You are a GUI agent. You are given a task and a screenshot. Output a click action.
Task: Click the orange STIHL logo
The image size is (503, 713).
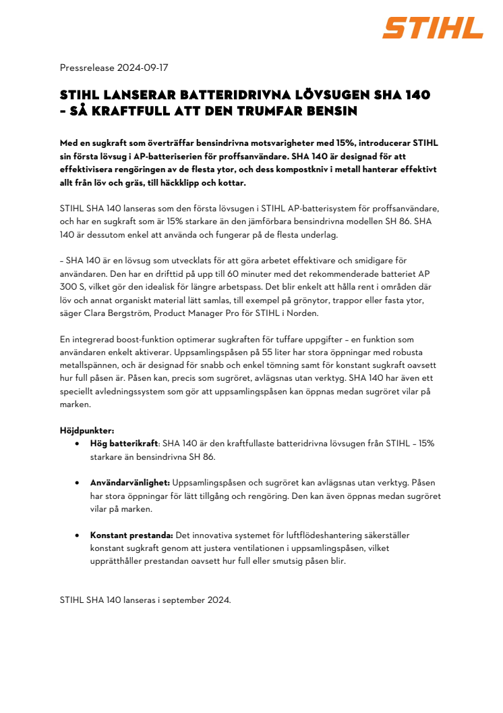(433, 28)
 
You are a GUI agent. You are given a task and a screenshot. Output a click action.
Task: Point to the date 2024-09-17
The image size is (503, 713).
(143, 68)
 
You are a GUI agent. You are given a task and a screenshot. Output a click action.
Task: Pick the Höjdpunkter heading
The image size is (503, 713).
(87, 430)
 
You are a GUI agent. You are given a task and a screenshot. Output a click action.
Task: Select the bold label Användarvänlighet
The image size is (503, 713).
(130, 483)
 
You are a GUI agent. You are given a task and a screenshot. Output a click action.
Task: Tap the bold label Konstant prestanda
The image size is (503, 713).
(132, 535)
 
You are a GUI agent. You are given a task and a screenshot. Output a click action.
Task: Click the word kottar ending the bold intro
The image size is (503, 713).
(231, 183)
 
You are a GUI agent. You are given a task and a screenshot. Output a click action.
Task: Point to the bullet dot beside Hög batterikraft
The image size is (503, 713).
(78, 444)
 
